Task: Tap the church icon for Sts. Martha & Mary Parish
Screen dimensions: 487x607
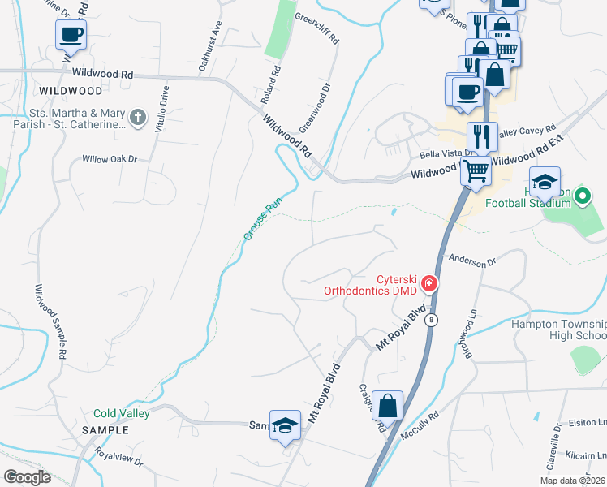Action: (138, 119)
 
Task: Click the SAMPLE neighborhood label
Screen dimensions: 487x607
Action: (105, 430)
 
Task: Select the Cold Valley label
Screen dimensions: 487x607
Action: (122, 413)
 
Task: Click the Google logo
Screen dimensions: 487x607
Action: (27, 477)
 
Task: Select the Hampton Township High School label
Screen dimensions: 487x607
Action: (558, 330)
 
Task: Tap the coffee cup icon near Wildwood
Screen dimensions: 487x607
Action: (71, 34)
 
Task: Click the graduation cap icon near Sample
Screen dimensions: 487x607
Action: (285, 425)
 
